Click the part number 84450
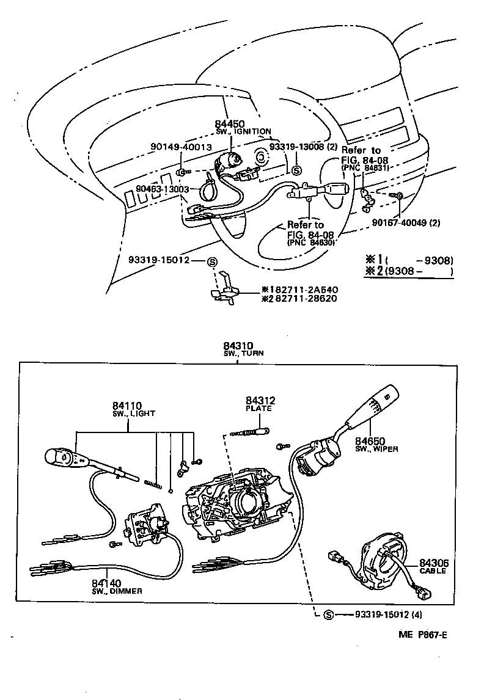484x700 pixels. tap(230, 123)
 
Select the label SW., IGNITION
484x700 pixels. tap(243, 131)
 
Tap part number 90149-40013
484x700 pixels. tap(181, 147)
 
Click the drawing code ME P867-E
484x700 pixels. tap(423, 635)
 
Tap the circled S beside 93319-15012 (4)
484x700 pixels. tap(328, 614)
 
